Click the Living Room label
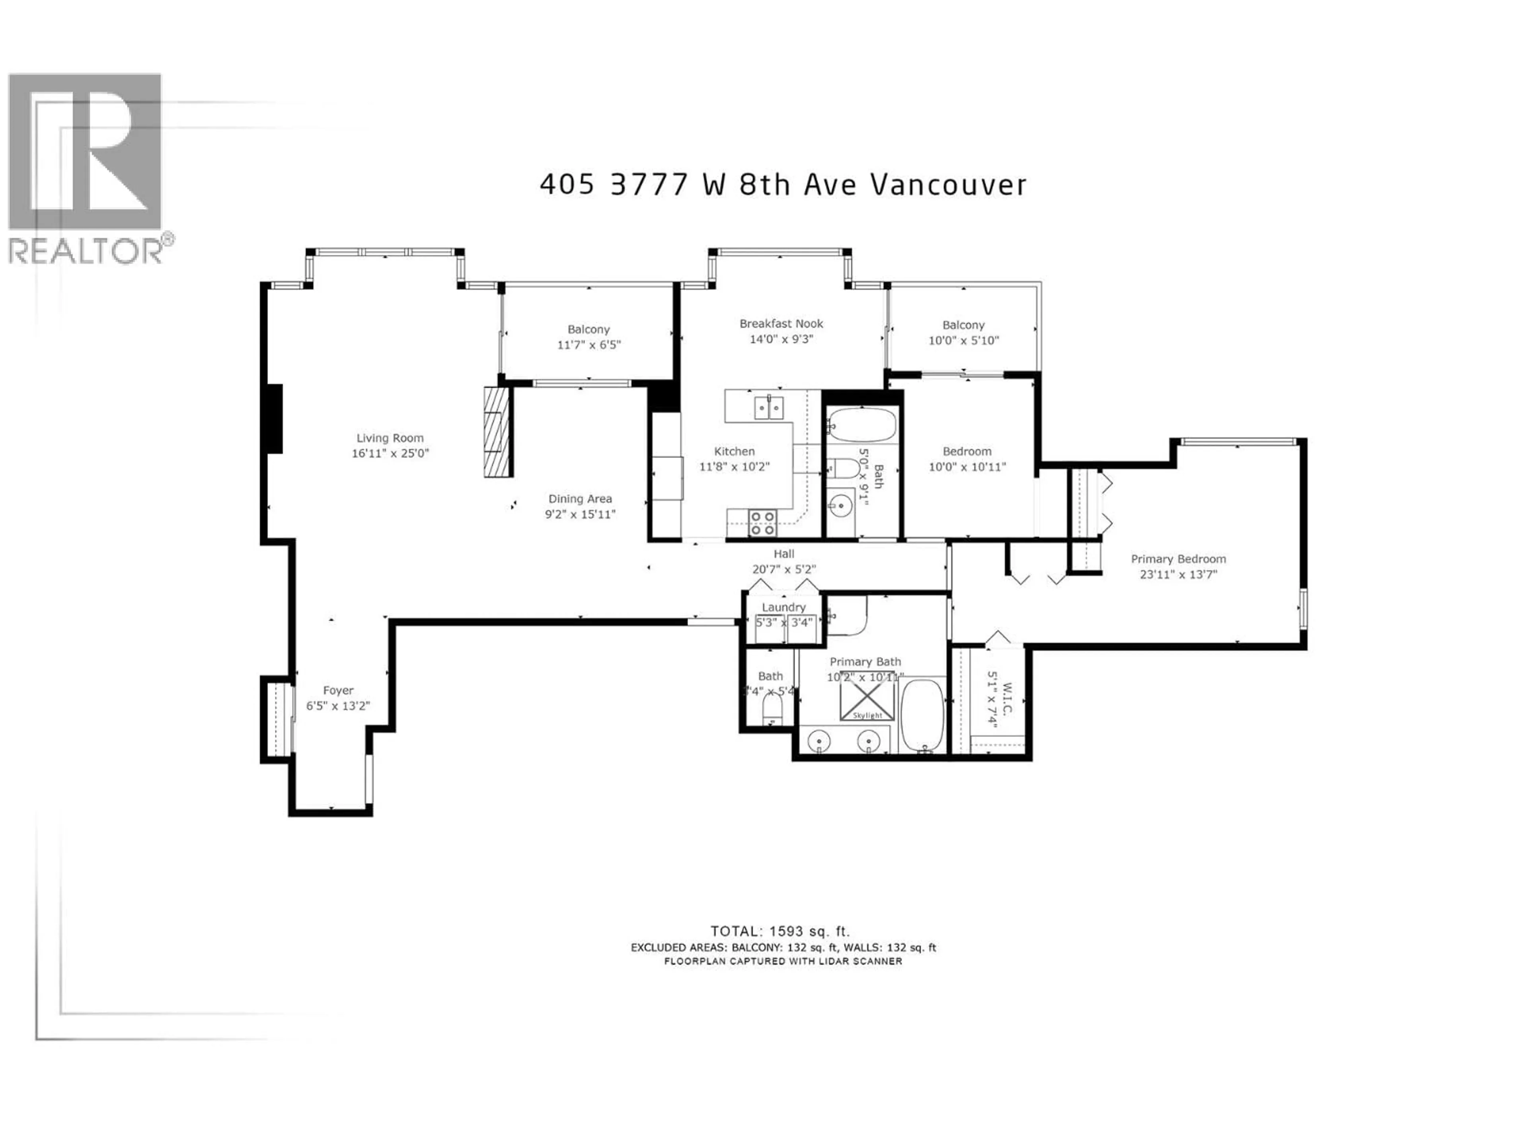click(390, 438)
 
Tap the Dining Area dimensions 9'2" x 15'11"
click(579, 515)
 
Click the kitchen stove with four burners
click(763, 523)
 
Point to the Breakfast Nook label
click(781, 323)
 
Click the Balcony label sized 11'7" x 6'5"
click(589, 329)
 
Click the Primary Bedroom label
click(1178, 559)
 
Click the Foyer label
click(338, 690)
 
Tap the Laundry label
click(783, 607)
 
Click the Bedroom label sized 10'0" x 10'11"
click(967, 451)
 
